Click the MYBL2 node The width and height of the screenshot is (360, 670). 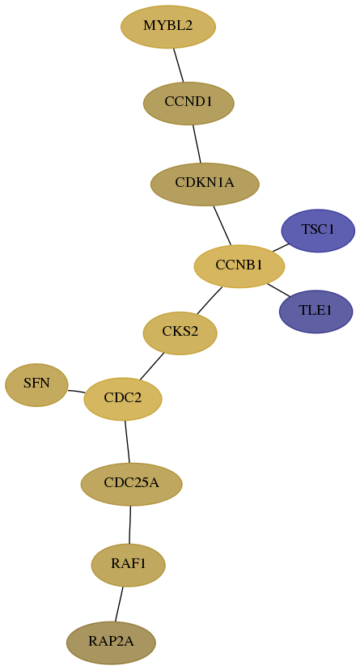(168, 27)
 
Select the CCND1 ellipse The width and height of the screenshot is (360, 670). (188, 103)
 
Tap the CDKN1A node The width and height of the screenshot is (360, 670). (205, 184)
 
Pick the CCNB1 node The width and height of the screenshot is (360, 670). (239, 266)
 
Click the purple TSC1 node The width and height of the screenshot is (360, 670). (318, 231)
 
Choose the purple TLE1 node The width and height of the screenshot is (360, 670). (316, 312)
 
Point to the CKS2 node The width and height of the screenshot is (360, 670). (180, 333)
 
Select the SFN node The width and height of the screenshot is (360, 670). (36, 384)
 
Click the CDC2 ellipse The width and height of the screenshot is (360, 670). (123, 399)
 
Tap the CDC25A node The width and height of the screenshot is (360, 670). (132, 484)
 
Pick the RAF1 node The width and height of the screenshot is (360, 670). (128, 565)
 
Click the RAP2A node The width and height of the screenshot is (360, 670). (111, 642)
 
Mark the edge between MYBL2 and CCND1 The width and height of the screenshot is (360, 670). (179, 65)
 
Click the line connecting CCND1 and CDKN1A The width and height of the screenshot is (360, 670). (197, 143)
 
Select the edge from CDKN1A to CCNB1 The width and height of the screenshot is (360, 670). (222, 225)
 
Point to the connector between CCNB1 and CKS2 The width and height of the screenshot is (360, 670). (210, 300)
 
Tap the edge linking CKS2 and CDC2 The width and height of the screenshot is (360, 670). (151, 367)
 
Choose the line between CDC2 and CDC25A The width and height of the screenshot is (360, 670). (127, 441)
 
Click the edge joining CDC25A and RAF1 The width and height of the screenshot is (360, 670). (129, 524)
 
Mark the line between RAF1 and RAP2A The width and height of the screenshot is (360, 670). (119, 604)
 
